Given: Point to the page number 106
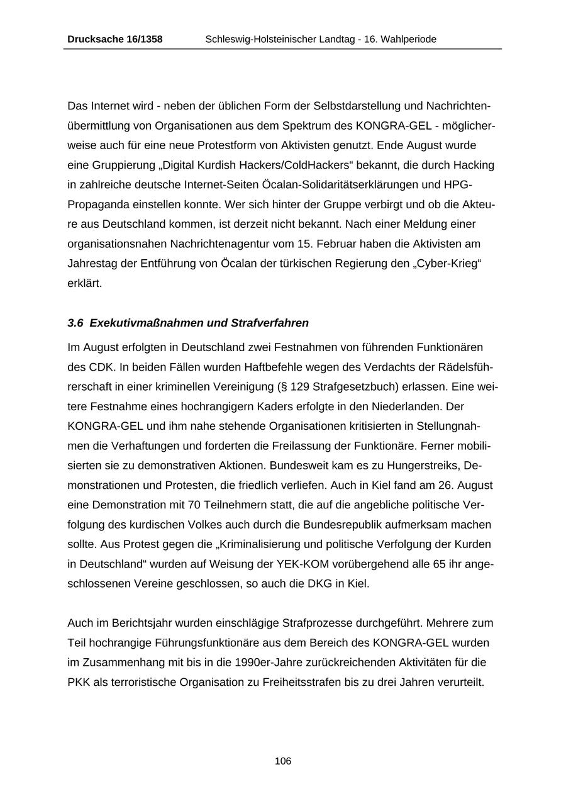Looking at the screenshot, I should pos(283,761).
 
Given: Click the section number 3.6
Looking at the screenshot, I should pos(75,323).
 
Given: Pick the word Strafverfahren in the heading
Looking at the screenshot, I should pos(270,323).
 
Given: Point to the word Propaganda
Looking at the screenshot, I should pos(96,204).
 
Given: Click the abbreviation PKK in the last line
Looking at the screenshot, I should pos(79,682).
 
